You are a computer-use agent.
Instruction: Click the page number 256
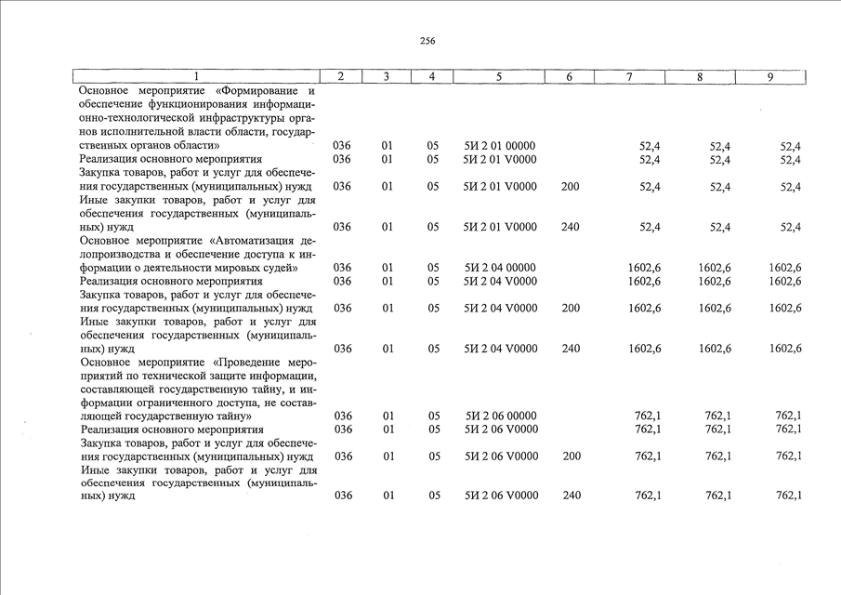[427, 41]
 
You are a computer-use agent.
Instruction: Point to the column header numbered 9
[770, 77]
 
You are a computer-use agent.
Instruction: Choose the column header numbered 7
[630, 77]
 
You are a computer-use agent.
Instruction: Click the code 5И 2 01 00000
[500, 147]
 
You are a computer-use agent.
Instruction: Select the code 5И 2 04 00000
[500, 268]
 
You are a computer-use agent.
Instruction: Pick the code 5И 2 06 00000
[500, 416]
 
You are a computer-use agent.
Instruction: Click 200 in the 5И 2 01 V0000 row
[571, 187]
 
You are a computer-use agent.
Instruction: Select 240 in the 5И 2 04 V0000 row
[571, 349]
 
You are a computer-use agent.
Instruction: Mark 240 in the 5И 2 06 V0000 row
[571, 496]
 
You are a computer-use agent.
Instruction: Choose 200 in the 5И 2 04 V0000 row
[571, 308]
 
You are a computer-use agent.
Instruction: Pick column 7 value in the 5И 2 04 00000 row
[645, 268]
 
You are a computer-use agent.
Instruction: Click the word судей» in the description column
[278, 268]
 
